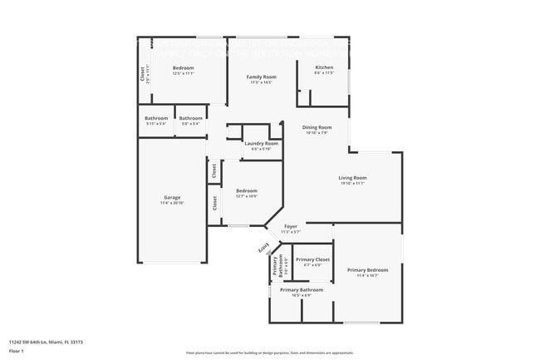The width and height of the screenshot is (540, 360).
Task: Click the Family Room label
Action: pos(261,76)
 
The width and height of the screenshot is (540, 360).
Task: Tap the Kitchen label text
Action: pos(324,67)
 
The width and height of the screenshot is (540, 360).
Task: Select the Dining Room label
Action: pos(317,126)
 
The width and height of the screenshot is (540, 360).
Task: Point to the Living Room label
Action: pos(352,177)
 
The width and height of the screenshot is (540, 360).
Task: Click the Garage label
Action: pos(171,197)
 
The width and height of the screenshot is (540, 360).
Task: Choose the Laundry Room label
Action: pos(261,143)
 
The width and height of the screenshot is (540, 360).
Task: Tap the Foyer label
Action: pos(291,226)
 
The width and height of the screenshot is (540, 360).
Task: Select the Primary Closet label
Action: pos(312,259)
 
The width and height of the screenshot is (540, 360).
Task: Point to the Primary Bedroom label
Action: pos(367,269)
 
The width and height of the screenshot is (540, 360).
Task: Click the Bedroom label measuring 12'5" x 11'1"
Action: pos(183,67)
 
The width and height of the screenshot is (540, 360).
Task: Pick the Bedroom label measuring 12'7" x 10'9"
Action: pos(246,190)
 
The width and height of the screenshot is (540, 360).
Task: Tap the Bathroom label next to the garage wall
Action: pos(156,118)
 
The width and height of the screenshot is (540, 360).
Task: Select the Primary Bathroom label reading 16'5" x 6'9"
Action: pos(301,289)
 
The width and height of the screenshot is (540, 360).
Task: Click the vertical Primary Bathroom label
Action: pos(281,265)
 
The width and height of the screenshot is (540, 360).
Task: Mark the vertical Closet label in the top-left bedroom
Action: pos(142,74)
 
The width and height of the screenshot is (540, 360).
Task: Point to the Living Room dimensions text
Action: pos(352,183)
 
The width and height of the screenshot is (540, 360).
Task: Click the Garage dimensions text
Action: pos(171,203)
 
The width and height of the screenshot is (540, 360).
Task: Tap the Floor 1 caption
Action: pos(17,351)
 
